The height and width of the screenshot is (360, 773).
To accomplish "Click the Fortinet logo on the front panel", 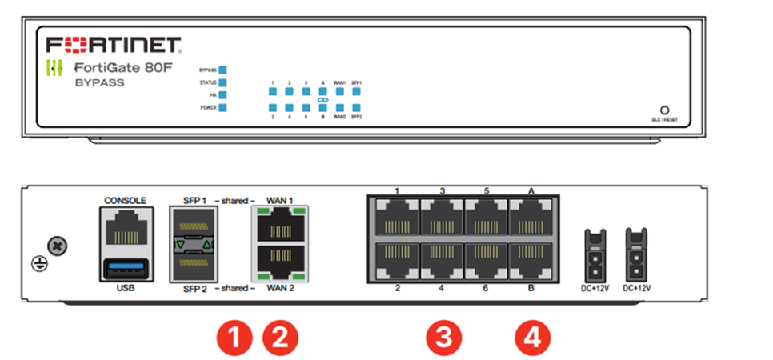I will (114, 43).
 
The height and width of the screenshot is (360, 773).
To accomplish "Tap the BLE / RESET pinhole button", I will (664, 110).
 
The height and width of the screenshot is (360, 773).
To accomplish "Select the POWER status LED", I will (223, 107).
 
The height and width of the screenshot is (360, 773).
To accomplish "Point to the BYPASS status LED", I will (223, 70).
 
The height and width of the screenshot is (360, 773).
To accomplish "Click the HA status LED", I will (223, 94).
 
